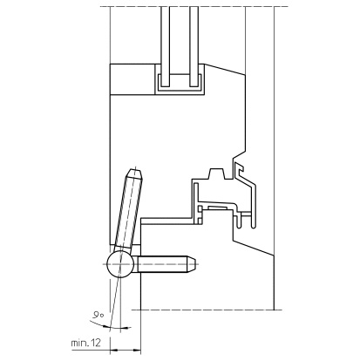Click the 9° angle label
pos(98,315)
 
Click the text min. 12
pos(86,343)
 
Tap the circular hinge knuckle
pos(120,264)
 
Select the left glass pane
pos(166,46)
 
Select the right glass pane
pos(194,46)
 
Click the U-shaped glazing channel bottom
pos(180,88)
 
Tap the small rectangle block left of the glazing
pos(132,79)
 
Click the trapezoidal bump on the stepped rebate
pos(216,174)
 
